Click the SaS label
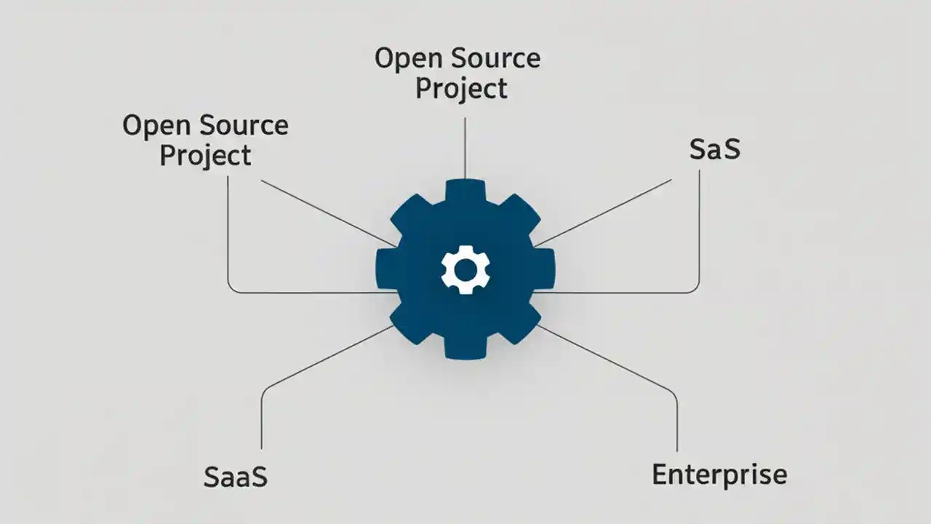pos(714,148)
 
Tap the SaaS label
pos(236,477)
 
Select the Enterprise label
pos(719,475)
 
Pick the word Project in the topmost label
pos(460,89)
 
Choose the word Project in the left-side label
pos(205,156)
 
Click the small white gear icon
pos(465,270)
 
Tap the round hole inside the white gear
pos(465,270)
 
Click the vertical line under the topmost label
pos(465,146)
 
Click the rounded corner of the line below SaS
pos(695,289)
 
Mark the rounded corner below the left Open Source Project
pos(232,289)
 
